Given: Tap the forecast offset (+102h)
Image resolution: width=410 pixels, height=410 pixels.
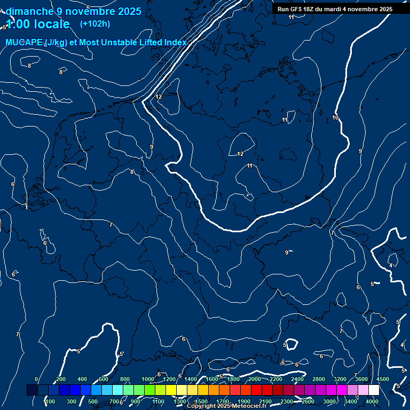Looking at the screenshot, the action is (94, 23).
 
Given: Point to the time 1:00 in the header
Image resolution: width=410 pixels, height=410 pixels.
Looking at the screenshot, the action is (18, 24).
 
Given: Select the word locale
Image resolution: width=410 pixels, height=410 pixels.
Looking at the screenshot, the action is (52, 24).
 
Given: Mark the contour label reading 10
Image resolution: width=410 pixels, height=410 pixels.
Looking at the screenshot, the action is (335, 117).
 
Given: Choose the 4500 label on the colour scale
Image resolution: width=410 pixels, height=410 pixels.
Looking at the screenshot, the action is (382, 379).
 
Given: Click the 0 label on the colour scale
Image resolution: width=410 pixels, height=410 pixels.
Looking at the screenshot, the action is (36, 379).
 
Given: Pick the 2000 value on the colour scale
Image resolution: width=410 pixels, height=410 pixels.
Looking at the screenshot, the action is (255, 379).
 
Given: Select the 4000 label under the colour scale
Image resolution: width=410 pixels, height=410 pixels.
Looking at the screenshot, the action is (372, 401).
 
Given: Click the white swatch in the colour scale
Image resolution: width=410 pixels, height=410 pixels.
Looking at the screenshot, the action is (374, 390).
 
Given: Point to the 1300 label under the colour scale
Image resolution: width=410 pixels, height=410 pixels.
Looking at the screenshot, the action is (180, 401).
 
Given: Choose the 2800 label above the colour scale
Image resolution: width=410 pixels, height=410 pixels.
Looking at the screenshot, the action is (319, 379).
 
